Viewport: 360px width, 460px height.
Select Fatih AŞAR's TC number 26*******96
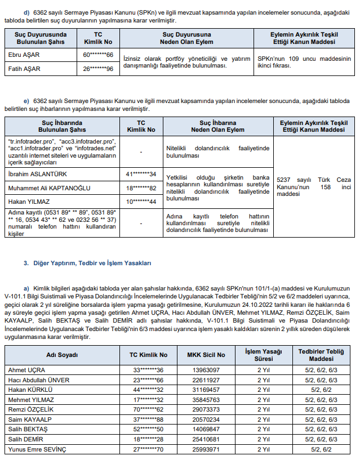(x=98, y=69)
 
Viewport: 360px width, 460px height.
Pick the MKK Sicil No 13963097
(x=206, y=370)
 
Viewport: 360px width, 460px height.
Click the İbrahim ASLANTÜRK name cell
(x=34, y=174)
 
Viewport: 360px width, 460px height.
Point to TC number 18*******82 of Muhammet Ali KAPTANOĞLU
(x=141, y=187)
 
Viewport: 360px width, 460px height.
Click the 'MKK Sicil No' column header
(x=206, y=355)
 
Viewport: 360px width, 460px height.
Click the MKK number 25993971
(x=206, y=449)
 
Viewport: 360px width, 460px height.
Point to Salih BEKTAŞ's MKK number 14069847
(x=206, y=429)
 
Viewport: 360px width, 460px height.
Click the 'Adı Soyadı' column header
(x=62, y=355)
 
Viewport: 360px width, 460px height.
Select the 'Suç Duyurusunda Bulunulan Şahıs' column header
(x=40, y=38)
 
